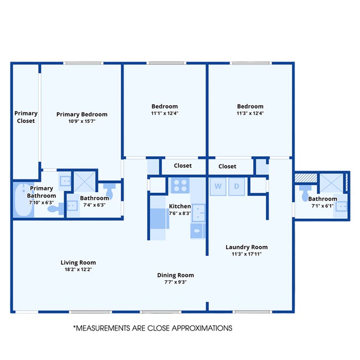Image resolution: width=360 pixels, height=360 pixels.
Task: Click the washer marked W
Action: (218, 186)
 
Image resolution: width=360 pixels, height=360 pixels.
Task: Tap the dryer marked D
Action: (236, 186)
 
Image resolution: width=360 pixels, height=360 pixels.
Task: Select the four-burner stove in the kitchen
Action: (180, 186)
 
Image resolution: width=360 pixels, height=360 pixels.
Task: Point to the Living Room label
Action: (78, 263)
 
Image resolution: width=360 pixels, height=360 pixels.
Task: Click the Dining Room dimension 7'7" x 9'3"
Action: (176, 282)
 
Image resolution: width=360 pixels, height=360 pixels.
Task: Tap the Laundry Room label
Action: (246, 247)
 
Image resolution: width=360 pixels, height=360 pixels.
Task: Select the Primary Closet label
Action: (25, 117)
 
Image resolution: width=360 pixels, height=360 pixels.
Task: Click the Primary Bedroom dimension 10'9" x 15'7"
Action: (82, 121)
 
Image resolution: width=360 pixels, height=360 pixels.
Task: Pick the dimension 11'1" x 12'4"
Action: (164, 113)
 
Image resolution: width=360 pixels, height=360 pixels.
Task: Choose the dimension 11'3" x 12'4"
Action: (250, 113)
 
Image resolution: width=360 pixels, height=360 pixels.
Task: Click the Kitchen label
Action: (180, 206)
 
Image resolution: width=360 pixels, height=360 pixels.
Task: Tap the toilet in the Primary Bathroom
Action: (55, 209)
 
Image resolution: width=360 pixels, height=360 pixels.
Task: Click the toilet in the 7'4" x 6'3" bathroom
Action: (110, 191)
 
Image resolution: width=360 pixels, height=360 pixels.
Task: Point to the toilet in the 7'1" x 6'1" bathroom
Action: (305, 193)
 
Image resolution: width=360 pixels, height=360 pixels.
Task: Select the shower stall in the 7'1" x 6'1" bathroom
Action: (331, 183)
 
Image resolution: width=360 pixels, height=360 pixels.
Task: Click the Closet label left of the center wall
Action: (183, 166)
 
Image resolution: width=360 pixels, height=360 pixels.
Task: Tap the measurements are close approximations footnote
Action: (153, 328)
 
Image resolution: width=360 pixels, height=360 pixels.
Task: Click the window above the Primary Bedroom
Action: (83, 63)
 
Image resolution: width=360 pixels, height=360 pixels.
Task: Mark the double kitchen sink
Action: (198, 213)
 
